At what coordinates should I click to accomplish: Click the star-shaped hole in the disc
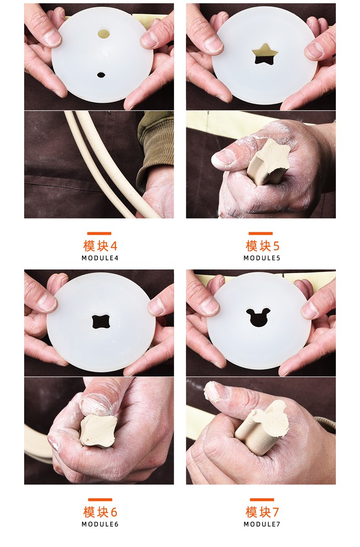point(265,55)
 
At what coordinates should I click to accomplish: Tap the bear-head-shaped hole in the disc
point(258,318)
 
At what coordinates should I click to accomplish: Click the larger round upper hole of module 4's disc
point(104,34)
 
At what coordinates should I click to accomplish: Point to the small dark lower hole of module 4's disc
point(101,75)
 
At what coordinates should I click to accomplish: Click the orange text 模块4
point(100,246)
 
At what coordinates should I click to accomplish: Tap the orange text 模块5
point(262,246)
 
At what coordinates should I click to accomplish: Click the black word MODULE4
point(100,258)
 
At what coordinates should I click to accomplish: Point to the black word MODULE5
point(262,258)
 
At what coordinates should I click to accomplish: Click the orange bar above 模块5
point(261,233)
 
